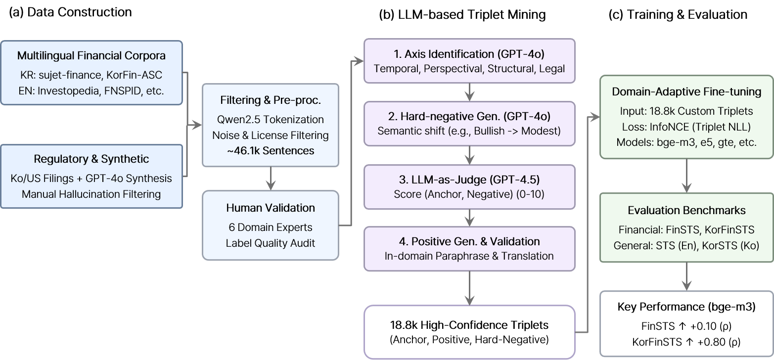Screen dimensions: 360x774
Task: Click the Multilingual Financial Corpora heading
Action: coord(91,56)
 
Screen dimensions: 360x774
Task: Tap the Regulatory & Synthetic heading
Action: coord(91,159)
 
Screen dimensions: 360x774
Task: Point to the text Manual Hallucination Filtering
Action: coord(91,194)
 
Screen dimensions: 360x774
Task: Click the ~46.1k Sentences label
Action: coord(270,151)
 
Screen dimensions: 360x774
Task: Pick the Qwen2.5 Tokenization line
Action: coord(270,119)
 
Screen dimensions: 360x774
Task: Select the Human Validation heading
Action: coord(270,208)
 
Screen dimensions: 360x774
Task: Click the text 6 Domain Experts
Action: coord(270,227)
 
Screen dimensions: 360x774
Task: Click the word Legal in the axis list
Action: coord(552,68)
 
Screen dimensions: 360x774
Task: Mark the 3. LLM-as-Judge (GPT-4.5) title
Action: coord(469,179)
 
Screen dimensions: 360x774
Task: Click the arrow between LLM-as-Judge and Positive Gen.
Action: coord(469,218)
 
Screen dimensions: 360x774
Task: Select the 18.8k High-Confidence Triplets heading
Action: coord(469,325)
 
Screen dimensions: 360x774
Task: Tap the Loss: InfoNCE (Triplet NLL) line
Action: coord(686,127)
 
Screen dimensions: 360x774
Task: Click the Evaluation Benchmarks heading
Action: coord(686,210)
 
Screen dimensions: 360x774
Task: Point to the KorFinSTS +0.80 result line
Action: coord(686,342)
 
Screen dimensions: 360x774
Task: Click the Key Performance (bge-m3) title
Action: coord(686,307)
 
